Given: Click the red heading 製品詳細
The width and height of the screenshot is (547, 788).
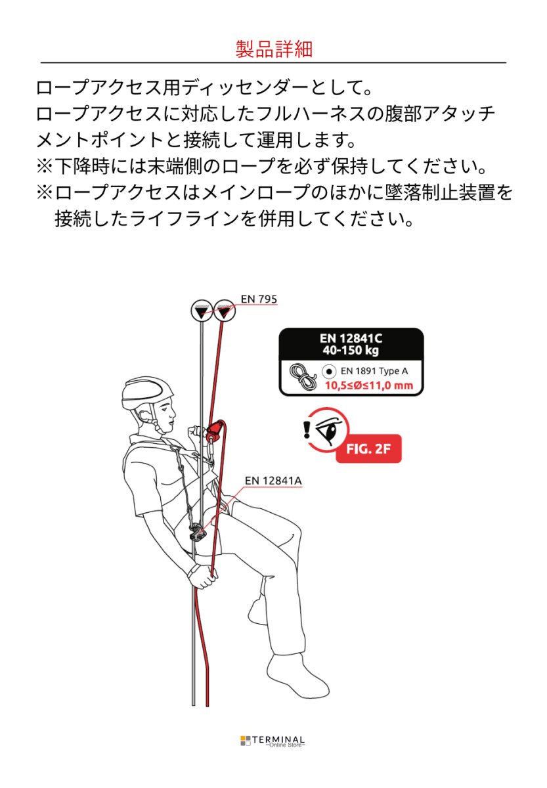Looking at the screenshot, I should [273, 49].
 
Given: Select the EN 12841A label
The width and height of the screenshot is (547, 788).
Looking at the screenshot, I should [273, 481].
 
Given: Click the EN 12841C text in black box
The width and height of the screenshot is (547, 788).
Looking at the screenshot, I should [351, 338].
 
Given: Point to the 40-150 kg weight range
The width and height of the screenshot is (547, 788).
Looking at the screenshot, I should [351, 351].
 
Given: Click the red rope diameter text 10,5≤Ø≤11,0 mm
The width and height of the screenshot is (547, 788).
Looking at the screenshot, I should [369, 385].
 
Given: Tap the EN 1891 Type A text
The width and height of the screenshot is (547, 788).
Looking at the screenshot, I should [374, 371].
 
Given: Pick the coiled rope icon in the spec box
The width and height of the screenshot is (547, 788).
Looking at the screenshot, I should [303, 378].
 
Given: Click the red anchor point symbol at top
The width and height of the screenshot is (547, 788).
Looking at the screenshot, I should [225, 311].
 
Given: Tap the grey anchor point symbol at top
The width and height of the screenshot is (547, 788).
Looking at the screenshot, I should [202, 311].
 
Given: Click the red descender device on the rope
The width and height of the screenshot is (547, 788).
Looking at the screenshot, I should [213, 432].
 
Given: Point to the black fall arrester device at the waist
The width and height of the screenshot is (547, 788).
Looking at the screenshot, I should [196, 532].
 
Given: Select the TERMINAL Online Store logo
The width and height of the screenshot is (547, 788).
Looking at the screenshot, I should [273, 741].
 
